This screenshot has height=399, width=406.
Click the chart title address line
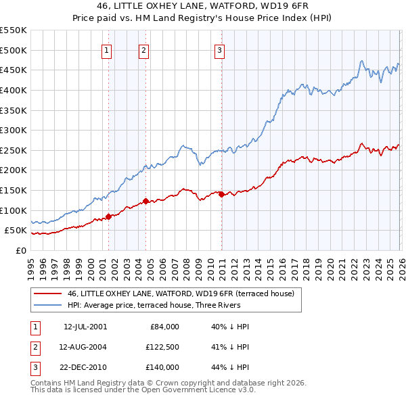202,6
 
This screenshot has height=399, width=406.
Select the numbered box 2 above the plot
144,49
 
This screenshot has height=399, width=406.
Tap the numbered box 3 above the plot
221,49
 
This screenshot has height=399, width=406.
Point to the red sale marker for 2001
108,216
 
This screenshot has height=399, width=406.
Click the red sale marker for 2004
145,201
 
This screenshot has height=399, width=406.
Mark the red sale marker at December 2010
221,194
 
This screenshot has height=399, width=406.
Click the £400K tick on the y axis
14,90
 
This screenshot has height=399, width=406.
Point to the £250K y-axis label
14,150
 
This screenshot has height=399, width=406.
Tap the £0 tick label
20,250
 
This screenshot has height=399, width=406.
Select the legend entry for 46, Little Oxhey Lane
180,294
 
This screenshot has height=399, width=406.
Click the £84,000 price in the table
163,327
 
